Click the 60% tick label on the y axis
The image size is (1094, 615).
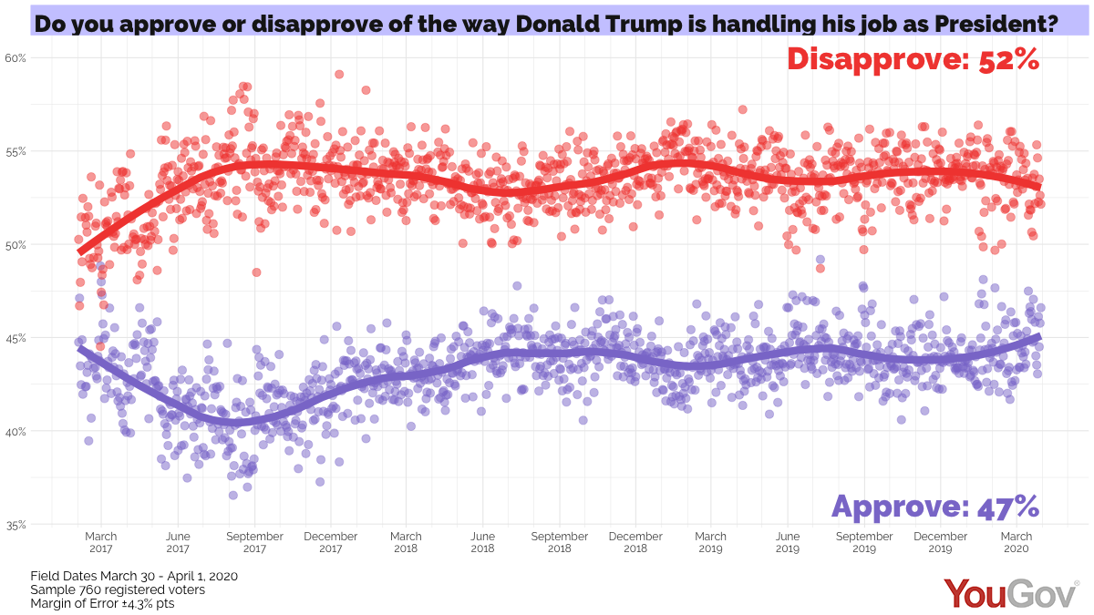click(x=16, y=57)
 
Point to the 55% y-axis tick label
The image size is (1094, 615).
click(x=16, y=150)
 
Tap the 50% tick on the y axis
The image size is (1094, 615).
click(x=16, y=244)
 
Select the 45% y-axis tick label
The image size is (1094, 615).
click(x=16, y=338)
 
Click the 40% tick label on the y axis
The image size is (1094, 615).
click(x=16, y=431)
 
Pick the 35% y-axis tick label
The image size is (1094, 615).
click(x=16, y=525)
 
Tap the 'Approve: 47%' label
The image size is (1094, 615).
click(x=935, y=506)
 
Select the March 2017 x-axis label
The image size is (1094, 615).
click(x=101, y=543)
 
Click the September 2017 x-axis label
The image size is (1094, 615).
click(x=254, y=543)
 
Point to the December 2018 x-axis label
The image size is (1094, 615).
click(x=635, y=543)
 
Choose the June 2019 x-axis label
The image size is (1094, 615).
click(x=788, y=543)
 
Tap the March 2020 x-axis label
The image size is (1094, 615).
click(x=1017, y=543)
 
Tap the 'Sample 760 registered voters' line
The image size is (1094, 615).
click(x=118, y=589)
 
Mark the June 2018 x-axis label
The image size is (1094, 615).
click(x=482, y=543)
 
